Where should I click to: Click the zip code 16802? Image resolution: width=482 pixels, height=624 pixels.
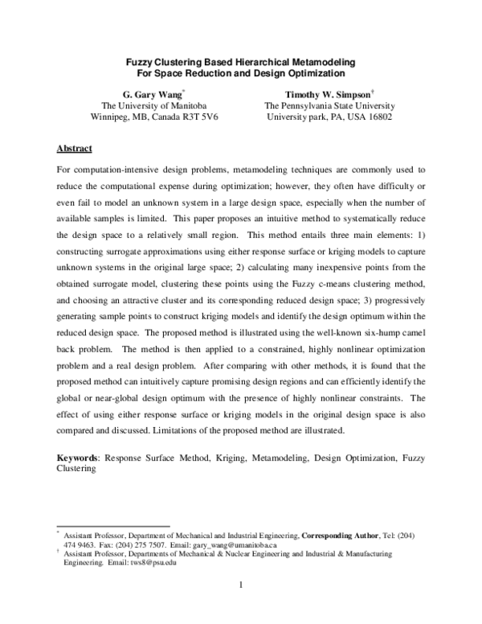[376, 117]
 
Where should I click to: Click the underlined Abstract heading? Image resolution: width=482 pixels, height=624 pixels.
[75, 149]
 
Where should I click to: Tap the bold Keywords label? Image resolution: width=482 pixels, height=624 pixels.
[77, 457]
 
